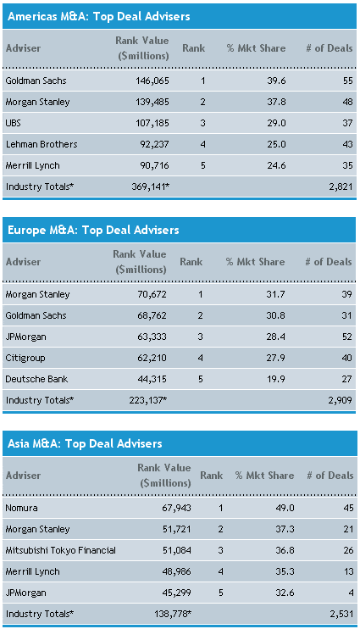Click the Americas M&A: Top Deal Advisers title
pos(98,16)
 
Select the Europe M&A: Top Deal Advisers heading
pos(93,230)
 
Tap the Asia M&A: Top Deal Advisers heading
pos(85,443)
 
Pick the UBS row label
pos(14,123)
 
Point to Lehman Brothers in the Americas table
pos(42,144)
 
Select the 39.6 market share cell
pos(277,81)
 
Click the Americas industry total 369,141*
pos(150,186)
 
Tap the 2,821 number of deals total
pos(341,186)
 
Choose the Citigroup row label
pos(25,358)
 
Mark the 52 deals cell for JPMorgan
pos(346,337)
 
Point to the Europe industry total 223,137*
pos(148,400)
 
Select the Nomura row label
pos(22,508)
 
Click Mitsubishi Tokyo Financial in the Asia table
pos(60,550)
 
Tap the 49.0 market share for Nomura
pos(285,508)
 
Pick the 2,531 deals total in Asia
pos(341,614)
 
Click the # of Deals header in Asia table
pos(330,476)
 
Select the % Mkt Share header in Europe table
pos(255,262)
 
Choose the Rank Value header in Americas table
pos(142,48)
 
